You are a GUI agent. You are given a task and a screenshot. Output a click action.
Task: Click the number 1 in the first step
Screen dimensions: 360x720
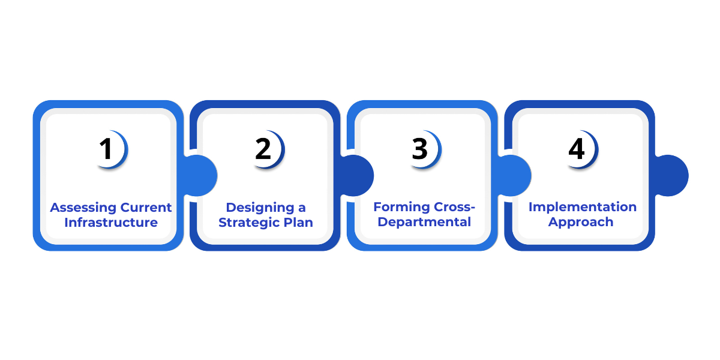coord(107,150)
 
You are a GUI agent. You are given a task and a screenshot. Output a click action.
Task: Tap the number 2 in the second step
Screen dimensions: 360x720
coord(263,150)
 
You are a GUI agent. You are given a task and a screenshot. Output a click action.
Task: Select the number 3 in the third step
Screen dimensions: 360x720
coord(420,150)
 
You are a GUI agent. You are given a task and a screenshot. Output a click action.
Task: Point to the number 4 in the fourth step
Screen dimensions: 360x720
coord(577,150)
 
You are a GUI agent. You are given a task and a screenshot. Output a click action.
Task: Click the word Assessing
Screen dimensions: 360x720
coord(83,208)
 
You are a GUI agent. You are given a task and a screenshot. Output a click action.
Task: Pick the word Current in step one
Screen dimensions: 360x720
coord(146,208)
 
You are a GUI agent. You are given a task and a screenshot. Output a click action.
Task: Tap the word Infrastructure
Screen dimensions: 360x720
coord(111,223)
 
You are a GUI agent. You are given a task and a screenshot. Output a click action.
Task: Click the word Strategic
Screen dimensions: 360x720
coord(248,223)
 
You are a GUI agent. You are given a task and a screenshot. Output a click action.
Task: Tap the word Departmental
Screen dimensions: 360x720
coord(424,223)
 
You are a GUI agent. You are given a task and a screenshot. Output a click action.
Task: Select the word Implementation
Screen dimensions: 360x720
coord(583,207)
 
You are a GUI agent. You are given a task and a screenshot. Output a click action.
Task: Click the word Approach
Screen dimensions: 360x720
coord(581,222)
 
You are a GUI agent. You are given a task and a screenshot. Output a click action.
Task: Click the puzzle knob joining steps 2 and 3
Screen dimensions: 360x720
coord(358,175)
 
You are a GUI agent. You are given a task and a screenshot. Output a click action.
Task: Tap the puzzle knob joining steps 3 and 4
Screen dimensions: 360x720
coord(515,175)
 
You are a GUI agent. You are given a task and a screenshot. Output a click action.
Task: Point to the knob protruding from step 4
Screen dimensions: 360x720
coord(672,175)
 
